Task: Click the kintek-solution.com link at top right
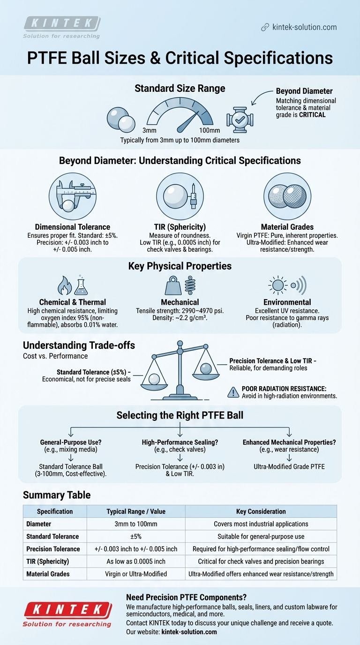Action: pos(304,27)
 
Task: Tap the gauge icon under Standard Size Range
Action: pos(180,113)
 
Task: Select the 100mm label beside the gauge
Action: pos(206,130)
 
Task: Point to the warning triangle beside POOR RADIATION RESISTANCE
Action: pos(233,392)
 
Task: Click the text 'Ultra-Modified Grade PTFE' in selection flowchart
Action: pos(290,467)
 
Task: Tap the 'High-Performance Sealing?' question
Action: pos(180,442)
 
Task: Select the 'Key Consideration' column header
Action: pos(261,511)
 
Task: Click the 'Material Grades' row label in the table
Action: pos(53,574)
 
